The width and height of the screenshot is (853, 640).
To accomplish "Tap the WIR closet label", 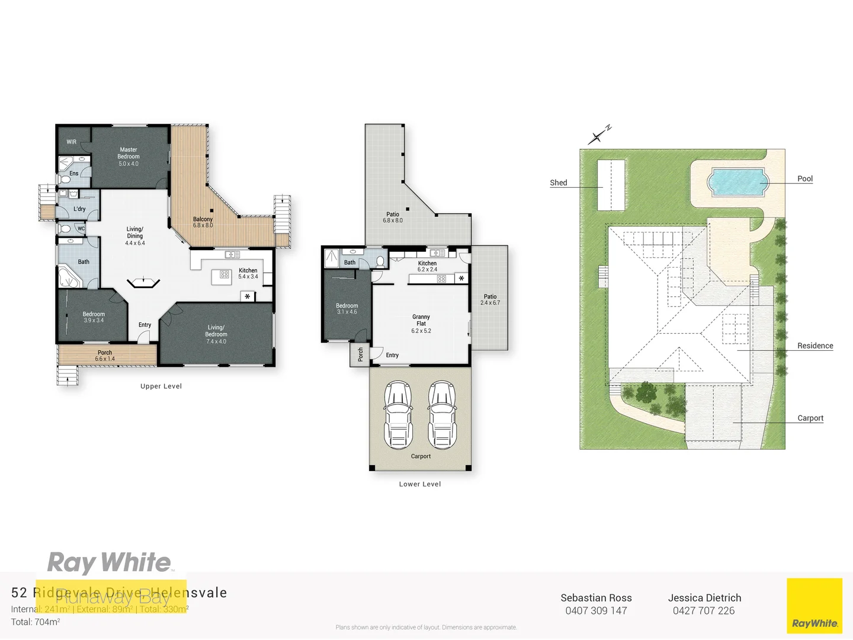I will [71, 142].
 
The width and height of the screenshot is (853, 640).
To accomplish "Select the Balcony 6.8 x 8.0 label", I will [203, 222].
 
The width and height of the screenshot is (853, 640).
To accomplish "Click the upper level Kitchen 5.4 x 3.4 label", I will [248, 273].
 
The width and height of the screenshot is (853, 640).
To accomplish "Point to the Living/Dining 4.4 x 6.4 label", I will [134, 236].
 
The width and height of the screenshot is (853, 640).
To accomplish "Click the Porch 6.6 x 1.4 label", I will [105, 356].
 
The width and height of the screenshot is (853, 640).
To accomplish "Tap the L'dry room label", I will [79, 209].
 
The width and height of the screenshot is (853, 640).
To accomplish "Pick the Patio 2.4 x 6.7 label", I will [490, 299].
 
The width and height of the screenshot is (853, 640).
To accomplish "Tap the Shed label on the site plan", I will [558, 183].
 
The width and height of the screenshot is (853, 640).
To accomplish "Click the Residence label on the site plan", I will [814, 345].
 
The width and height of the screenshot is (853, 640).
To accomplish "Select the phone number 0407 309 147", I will [596, 611].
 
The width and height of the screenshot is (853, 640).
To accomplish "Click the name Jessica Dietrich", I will [704, 598].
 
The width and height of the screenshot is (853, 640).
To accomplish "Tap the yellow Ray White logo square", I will [814, 606].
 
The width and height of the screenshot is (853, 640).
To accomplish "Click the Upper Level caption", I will [161, 386].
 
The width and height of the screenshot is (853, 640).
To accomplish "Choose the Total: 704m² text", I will [36, 622].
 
